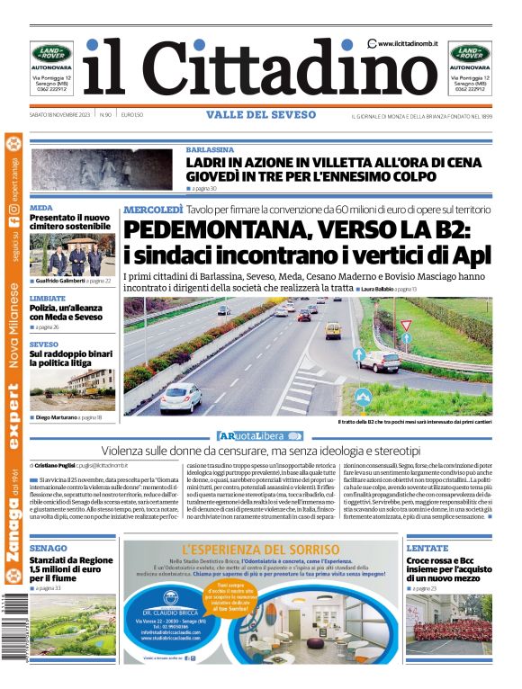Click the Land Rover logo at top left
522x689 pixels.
click(49, 52)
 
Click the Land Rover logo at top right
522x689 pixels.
click(470, 52)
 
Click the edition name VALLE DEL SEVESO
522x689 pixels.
click(261, 115)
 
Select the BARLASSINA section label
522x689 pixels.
click(211, 149)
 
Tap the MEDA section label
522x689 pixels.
click(41, 208)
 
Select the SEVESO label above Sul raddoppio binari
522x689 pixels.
click(44, 344)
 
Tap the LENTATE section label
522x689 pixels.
click(427, 548)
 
